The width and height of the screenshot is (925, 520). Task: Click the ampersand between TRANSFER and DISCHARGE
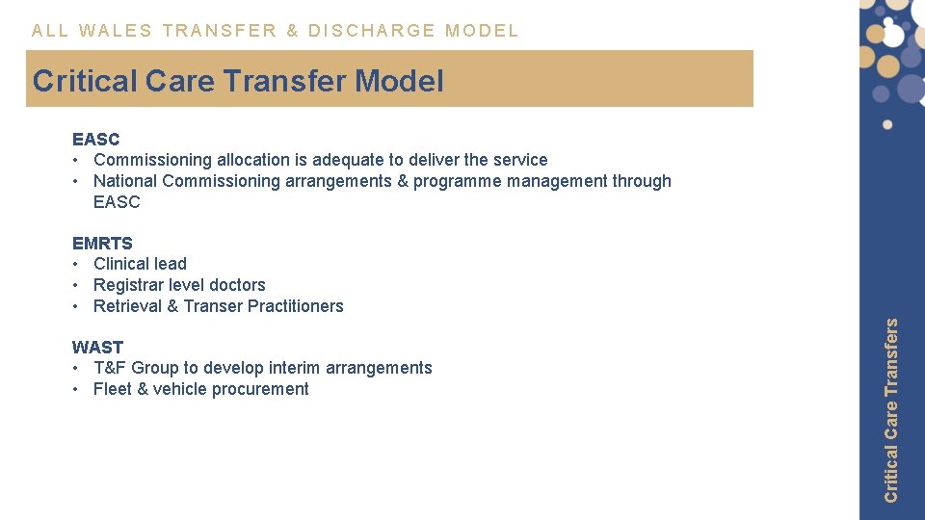pos(293,30)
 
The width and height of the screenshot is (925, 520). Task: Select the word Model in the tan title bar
pos(399,81)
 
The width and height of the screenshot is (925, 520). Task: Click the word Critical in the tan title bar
pos(85,81)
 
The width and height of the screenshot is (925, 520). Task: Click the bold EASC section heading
pos(95,139)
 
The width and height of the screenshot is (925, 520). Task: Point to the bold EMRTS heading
pos(102,243)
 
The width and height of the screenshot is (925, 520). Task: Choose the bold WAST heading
pos(97,347)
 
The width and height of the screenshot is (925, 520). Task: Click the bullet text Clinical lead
pos(140,264)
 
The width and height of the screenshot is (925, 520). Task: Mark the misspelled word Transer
pos(214,306)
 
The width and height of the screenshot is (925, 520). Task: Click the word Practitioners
pos(296,306)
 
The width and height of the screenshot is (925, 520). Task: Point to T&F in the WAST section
pos(110,368)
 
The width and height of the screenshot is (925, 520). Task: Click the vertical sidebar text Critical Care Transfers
pos(891,409)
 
